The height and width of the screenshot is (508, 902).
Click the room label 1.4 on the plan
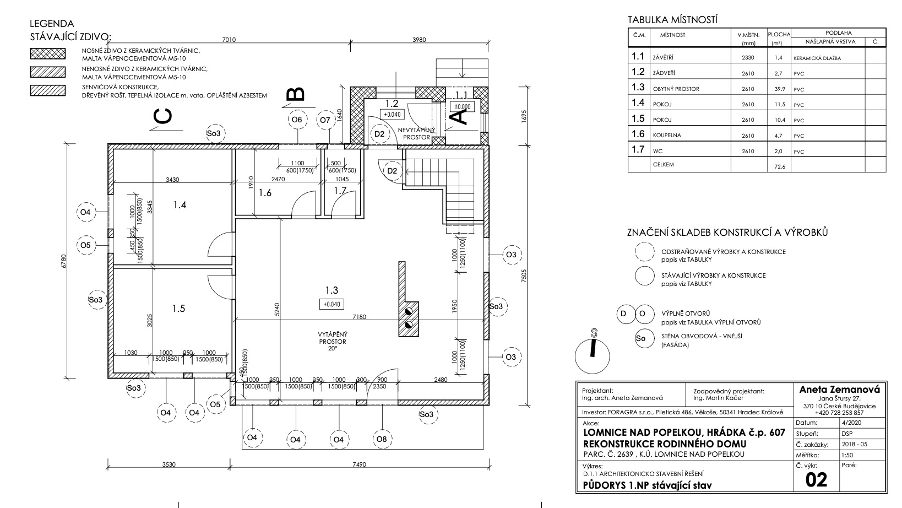pos(180,205)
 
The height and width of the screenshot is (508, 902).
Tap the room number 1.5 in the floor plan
pos(179,309)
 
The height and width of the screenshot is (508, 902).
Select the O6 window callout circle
pos(297,120)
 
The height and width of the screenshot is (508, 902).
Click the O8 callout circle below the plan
pos(382,439)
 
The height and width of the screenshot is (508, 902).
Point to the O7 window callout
pos(325,120)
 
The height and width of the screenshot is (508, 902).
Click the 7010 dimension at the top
pos(229,40)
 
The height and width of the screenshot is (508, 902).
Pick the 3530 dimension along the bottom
pos(169,464)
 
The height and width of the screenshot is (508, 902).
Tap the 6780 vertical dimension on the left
pos(64,262)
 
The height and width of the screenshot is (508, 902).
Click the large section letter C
pos(164,116)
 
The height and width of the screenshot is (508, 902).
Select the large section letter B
pos(296,94)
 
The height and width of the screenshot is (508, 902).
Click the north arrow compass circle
pos(593,356)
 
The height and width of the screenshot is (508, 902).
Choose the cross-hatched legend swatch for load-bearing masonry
pos(48,54)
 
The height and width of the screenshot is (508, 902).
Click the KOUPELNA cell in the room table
pos(667,136)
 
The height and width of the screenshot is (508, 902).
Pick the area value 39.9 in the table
pos(780,89)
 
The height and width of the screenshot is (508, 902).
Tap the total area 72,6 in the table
pos(780,166)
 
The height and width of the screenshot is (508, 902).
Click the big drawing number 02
pos(816,480)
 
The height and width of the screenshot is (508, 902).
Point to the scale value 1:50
pos(847,455)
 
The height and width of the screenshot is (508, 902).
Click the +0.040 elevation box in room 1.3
pos(332,304)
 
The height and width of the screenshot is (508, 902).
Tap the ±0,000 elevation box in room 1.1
pos(462,107)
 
